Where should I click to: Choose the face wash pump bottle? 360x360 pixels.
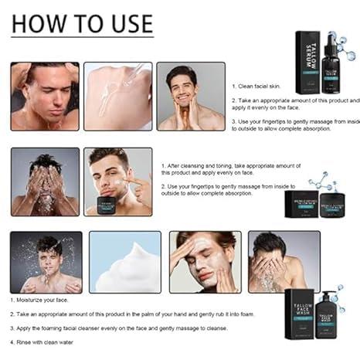tap(330, 309)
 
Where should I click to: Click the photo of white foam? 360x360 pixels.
tap(124, 261)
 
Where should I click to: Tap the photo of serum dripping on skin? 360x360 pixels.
tap(117, 96)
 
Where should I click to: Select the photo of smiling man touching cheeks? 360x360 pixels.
tap(190, 96)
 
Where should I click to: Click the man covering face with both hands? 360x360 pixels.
tap(45, 182)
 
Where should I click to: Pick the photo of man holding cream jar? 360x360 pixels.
tap(117, 182)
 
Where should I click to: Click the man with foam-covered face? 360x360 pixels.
tap(205, 261)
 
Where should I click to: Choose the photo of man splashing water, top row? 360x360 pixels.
tap(44, 96)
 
